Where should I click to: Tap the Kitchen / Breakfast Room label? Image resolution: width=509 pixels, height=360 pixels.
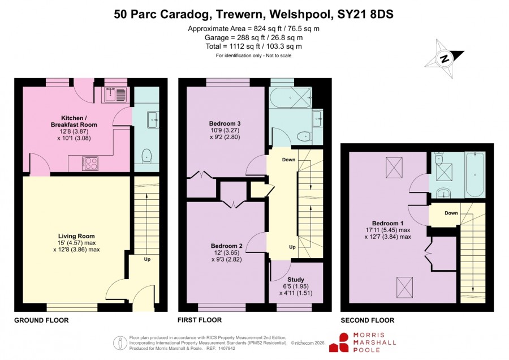tap(74, 121)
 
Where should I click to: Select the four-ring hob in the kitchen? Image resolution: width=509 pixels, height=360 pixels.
tap(90, 164)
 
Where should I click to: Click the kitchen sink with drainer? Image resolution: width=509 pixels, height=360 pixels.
tap(115, 95)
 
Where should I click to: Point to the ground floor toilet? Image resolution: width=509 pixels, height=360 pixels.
tap(146, 156)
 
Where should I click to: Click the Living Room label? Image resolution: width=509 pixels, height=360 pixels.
tap(76, 236)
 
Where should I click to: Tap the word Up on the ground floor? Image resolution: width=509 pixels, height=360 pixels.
tap(147, 259)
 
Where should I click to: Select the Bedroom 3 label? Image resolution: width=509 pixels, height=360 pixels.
tap(225, 123)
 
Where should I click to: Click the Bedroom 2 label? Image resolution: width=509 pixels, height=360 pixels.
tap(227, 246)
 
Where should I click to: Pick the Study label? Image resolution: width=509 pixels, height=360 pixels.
tap(296, 280)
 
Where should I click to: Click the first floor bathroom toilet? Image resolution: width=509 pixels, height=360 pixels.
tap(304, 136)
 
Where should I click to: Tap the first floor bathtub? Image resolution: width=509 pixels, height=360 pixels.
tap(291, 97)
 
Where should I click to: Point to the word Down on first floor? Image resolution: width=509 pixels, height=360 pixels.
tap(288, 160)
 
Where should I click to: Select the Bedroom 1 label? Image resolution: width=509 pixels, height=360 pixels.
tap(387, 223)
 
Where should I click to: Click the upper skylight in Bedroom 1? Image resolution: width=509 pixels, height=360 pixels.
tap(394, 168)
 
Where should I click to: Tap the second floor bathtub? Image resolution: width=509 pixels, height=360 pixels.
tap(475, 175)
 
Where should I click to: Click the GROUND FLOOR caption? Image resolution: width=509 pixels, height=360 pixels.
tap(41, 320)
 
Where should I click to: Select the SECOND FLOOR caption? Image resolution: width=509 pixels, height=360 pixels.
tap(368, 320)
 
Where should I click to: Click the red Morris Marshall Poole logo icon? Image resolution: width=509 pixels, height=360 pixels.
tap(339, 342)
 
